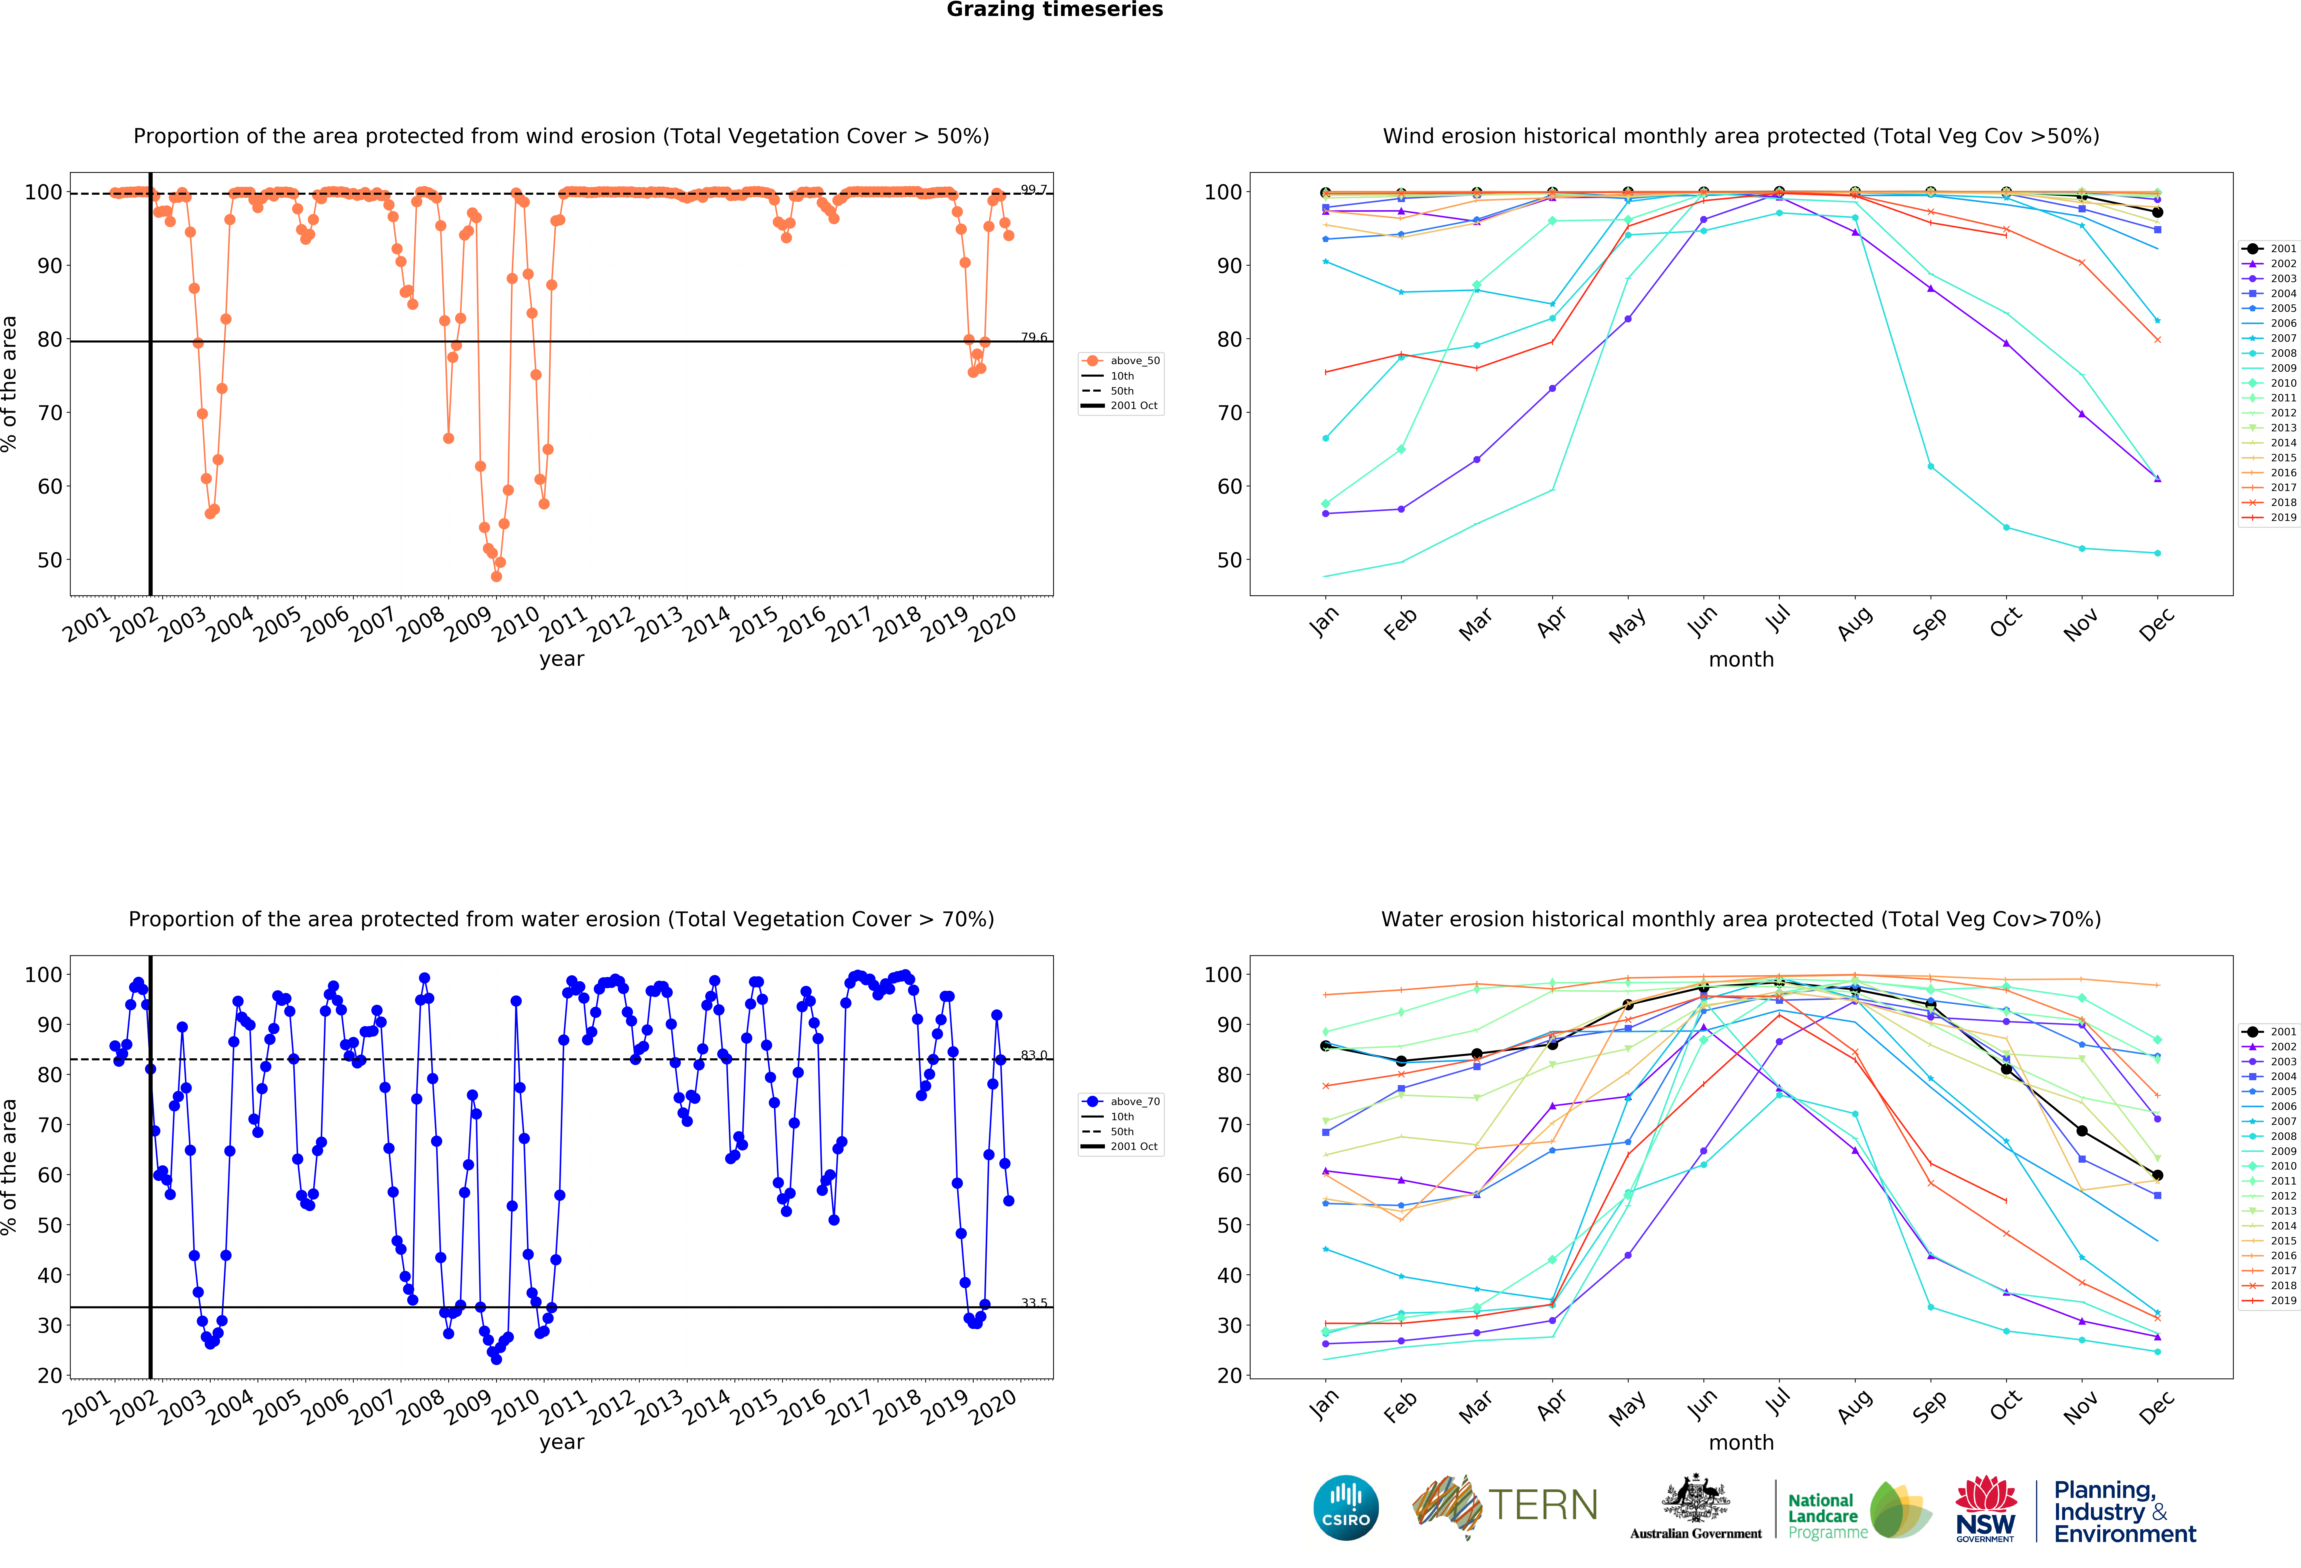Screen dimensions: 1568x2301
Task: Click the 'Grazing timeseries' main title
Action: point(1054,10)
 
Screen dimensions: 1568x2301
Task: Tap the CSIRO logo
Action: point(1346,1508)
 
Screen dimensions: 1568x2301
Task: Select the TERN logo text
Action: point(1543,1506)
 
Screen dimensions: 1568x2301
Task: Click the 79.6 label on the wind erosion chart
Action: point(1034,338)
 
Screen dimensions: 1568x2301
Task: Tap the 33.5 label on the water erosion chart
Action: point(1034,1303)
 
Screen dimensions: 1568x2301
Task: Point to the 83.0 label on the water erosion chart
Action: point(1034,1055)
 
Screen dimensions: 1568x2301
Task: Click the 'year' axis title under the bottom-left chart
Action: point(561,1442)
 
